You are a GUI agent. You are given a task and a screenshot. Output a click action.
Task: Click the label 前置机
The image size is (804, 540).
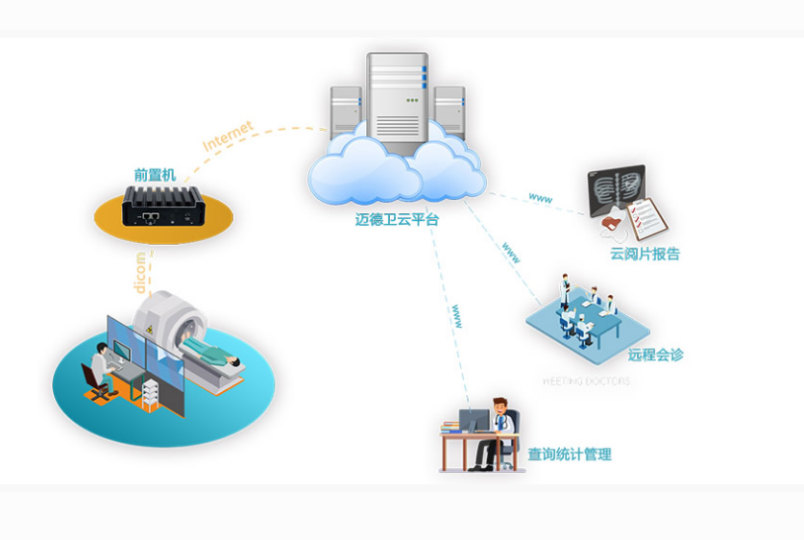pyautogui.click(x=155, y=174)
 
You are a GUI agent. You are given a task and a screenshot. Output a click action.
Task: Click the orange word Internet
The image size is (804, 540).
pyautogui.click(x=229, y=135)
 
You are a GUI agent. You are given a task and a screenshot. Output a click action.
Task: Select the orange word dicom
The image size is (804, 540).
pyautogui.click(x=140, y=272)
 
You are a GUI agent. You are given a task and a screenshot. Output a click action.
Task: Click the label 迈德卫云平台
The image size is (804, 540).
pyautogui.click(x=397, y=219)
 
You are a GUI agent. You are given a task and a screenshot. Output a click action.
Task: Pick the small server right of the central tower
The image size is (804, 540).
pyautogui.click(x=449, y=109)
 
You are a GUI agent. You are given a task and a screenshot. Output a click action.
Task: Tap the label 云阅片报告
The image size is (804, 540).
pyautogui.click(x=645, y=255)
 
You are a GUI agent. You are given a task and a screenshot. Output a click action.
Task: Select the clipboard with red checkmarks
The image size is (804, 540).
pyautogui.click(x=646, y=218)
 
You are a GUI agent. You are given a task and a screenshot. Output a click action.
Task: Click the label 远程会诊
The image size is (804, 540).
pyautogui.click(x=655, y=355)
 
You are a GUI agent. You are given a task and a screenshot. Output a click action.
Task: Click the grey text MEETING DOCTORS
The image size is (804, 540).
pyautogui.click(x=586, y=381)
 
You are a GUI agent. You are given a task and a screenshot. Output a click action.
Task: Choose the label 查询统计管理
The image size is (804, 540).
pyautogui.click(x=569, y=454)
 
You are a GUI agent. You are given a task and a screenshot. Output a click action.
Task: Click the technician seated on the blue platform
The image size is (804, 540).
pyautogui.click(x=100, y=370)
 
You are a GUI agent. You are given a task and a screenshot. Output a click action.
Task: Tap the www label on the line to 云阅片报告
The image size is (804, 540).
pyautogui.click(x=541, y=199)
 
